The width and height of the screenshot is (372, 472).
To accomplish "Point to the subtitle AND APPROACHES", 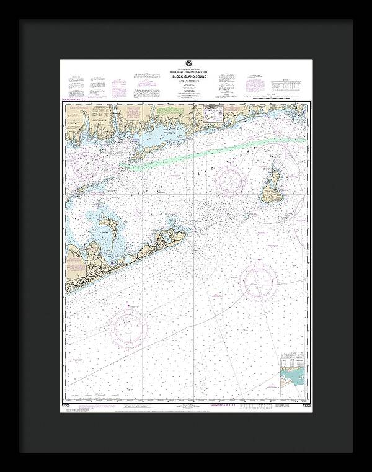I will click(185, 85).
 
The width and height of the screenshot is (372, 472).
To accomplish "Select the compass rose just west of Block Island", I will click(231, 180).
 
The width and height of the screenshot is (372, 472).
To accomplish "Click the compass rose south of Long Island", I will click(129, 327).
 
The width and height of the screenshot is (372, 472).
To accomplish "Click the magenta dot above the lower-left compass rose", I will click(128, 305).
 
